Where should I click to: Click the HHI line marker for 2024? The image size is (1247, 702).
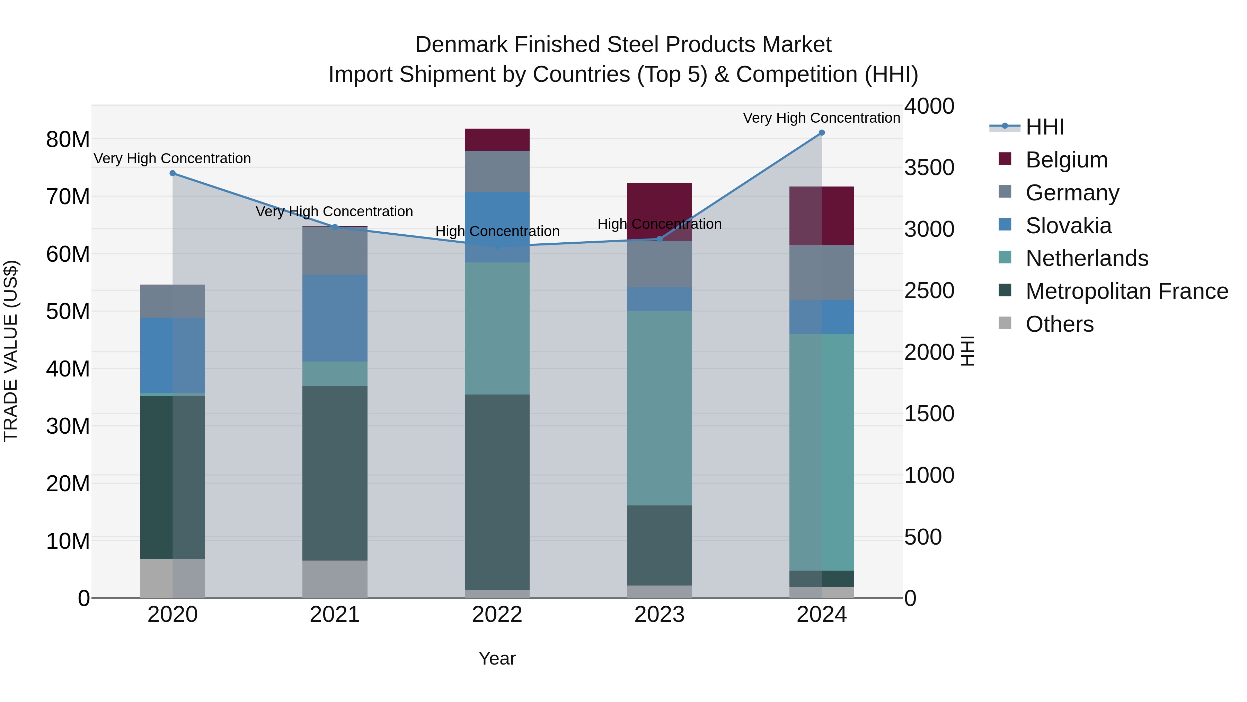coord(822,133)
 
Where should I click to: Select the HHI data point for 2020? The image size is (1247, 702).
coord(173,173)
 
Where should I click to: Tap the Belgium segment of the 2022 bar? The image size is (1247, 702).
coord(497,139)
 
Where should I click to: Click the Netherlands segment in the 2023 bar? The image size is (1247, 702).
coord(659,408)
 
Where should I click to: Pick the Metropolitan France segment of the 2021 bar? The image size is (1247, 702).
coord(335,473)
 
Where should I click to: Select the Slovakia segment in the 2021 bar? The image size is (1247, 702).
coord(335,318)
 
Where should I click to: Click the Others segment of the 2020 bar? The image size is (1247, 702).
coord(173,579)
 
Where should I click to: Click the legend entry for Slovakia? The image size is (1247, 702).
coord(1068,226)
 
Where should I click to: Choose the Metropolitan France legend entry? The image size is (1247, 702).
coord(1126,291)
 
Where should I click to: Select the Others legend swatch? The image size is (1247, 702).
coord(1005,323)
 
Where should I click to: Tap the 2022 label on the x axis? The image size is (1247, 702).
coord(497,615)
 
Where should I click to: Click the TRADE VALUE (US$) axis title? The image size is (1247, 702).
coord(11,351)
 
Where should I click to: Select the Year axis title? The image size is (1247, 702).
coord(497,658)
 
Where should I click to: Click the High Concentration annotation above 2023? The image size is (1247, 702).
coord(659,224)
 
